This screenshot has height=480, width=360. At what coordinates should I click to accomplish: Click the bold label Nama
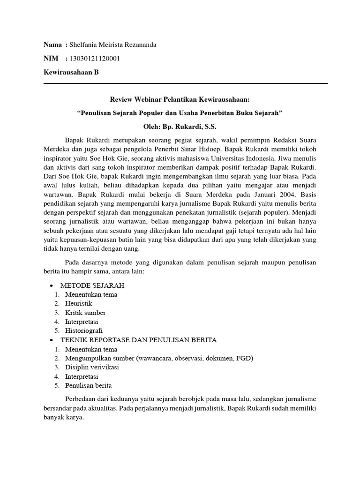coord(52,45)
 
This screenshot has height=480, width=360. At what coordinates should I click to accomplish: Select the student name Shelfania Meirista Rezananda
coord(113,45)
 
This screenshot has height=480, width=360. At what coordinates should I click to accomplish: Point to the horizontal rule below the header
coord(185,83)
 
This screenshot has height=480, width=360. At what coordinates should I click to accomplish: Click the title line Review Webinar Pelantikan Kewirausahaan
coord(180,100)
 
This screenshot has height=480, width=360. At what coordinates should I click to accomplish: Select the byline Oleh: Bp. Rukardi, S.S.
coord(180,127)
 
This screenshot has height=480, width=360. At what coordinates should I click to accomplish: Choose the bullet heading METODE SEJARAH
coord(92,285)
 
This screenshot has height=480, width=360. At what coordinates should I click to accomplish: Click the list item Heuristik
coord(79,304)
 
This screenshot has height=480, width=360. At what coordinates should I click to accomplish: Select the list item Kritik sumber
coord(85,313)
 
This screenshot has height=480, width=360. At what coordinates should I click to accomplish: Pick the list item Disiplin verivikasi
coord(92,367)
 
